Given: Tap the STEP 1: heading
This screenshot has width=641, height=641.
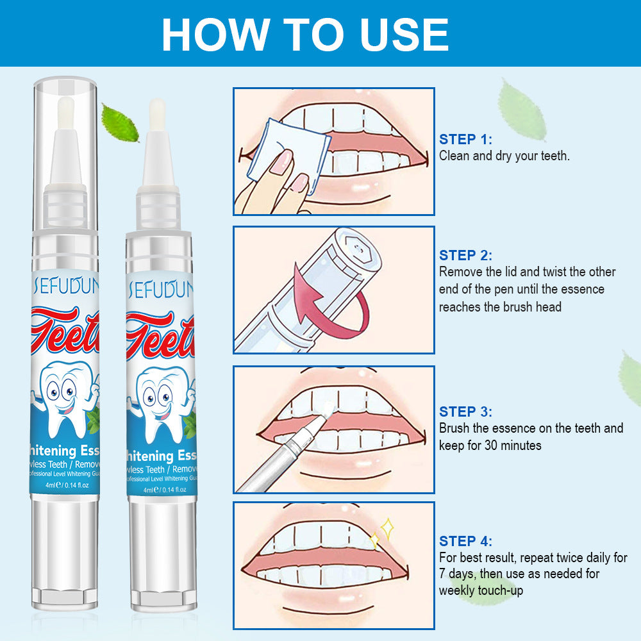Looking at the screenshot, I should click(x=466, y=139).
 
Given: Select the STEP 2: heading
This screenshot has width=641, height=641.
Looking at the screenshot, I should click(x=466, y=255).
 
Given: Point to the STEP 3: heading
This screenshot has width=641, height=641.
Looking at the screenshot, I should click(x=466, y=412).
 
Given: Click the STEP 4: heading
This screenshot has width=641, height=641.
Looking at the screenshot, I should click(x=466, y=541).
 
